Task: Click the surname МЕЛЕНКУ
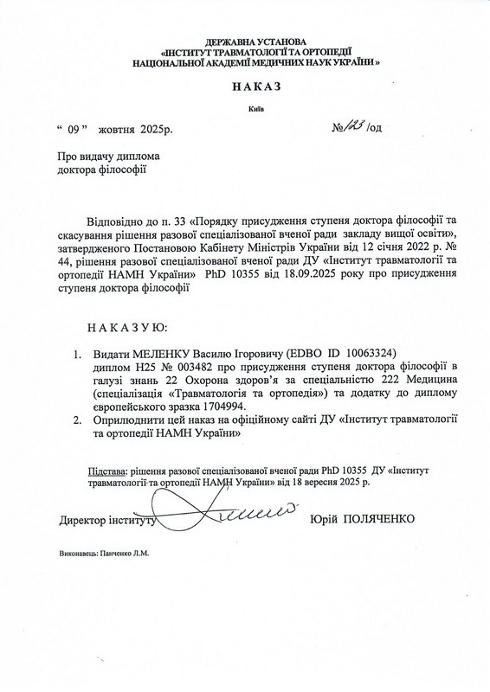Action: (166, 354)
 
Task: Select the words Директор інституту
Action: (106, 521)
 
